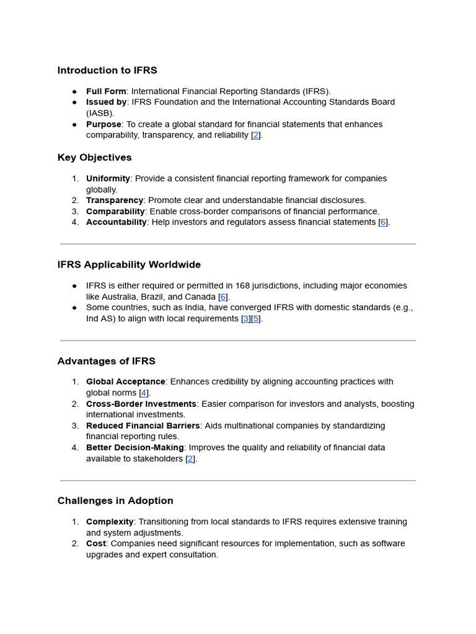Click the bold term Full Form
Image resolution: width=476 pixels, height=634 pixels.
point(106,91)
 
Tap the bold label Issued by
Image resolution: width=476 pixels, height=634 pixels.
point(107,102)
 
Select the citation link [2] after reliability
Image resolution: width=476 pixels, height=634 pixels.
point(256,136)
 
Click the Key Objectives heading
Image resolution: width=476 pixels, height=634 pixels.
point(94,158)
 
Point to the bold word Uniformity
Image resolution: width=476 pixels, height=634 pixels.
point(108,179)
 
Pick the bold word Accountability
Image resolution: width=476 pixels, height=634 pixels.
point(117,222)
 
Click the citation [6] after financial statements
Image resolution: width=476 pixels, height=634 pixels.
point(383,222)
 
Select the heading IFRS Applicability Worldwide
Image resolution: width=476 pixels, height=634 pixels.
point(129,265)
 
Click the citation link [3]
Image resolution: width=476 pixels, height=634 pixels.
point(246,319)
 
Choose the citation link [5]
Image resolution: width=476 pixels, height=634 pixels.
point(256,319)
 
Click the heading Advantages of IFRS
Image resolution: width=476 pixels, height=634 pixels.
point(106,361)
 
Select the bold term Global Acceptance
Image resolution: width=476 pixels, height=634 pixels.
point(126,382)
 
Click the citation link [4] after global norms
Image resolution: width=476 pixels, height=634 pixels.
point(144,393)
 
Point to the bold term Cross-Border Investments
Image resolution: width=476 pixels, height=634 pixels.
point(141,404)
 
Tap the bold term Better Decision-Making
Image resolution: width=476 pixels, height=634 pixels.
point(135,448)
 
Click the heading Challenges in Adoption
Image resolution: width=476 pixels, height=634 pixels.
point(115,501)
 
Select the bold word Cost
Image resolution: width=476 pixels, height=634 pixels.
point(96,544)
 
